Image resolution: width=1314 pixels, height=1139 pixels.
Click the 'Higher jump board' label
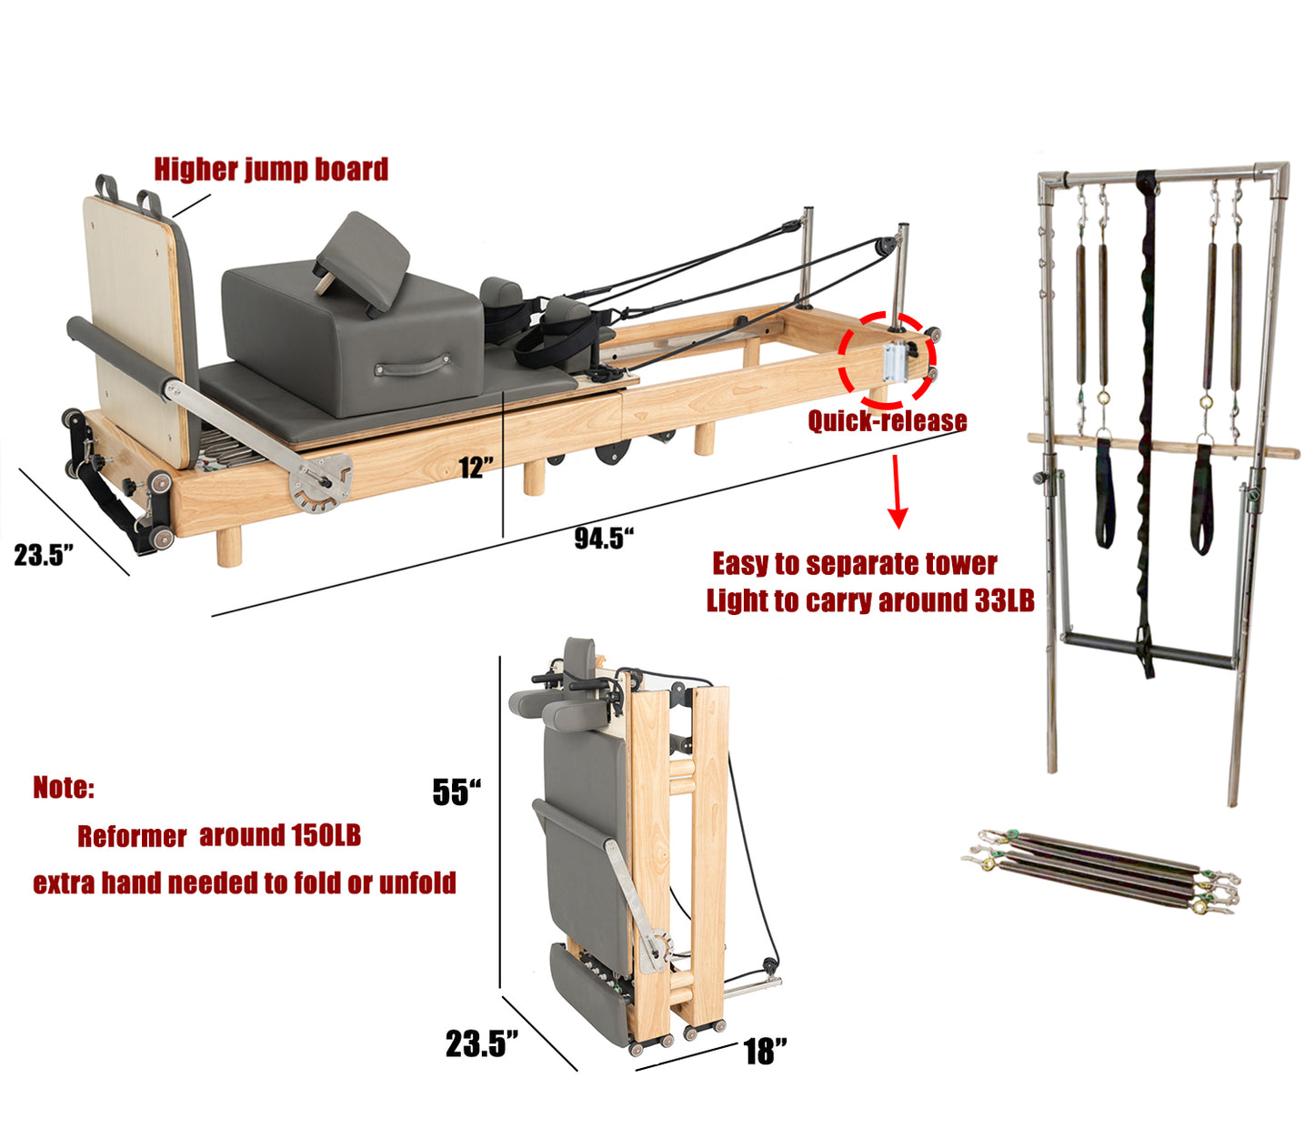pos(271,170)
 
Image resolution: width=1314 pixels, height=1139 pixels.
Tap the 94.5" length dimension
pos(604,538)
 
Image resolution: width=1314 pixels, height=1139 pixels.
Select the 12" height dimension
pos(476,468)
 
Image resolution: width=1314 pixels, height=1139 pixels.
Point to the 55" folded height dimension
pos(456,791)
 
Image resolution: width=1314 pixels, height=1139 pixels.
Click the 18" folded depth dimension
pos(766,1052)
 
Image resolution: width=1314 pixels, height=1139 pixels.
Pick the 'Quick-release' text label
pos(887,420)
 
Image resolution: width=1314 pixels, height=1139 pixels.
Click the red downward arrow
pos(897,491)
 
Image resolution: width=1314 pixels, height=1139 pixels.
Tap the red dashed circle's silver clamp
pos(894,362)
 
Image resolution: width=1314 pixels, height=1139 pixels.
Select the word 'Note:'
pos(64,787)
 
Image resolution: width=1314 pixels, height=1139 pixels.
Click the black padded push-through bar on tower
pos(1149,658)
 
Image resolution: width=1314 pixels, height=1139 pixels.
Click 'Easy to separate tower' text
pos(855,563)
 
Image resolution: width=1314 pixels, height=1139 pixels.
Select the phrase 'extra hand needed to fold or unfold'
pos(245,882)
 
